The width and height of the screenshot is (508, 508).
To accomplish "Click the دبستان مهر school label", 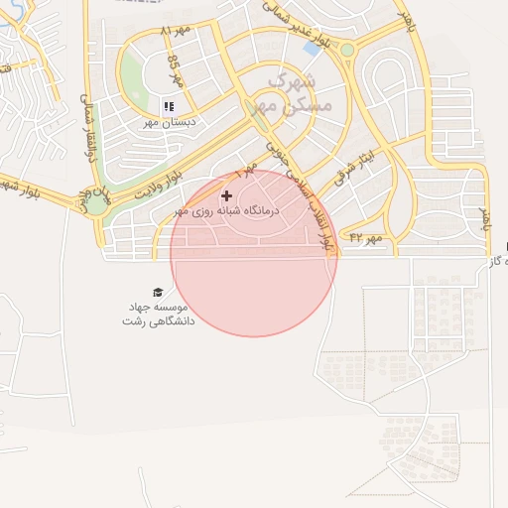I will click(172, 121).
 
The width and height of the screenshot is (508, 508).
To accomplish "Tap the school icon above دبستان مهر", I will click(169, 106).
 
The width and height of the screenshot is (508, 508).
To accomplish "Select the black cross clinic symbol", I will click(226, 196).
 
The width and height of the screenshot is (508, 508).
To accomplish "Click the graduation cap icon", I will click(157, 292).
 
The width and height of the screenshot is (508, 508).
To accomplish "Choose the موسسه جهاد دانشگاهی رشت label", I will click(158, 314).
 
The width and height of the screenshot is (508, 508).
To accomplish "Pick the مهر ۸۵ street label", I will click(175, 72).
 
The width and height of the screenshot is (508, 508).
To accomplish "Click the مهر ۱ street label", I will click(242, 175).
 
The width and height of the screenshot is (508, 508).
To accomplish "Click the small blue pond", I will click(313, 48).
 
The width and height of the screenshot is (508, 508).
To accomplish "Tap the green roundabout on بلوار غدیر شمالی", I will click(347, 50).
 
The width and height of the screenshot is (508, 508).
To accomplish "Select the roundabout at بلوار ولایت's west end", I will click(97, 205).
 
